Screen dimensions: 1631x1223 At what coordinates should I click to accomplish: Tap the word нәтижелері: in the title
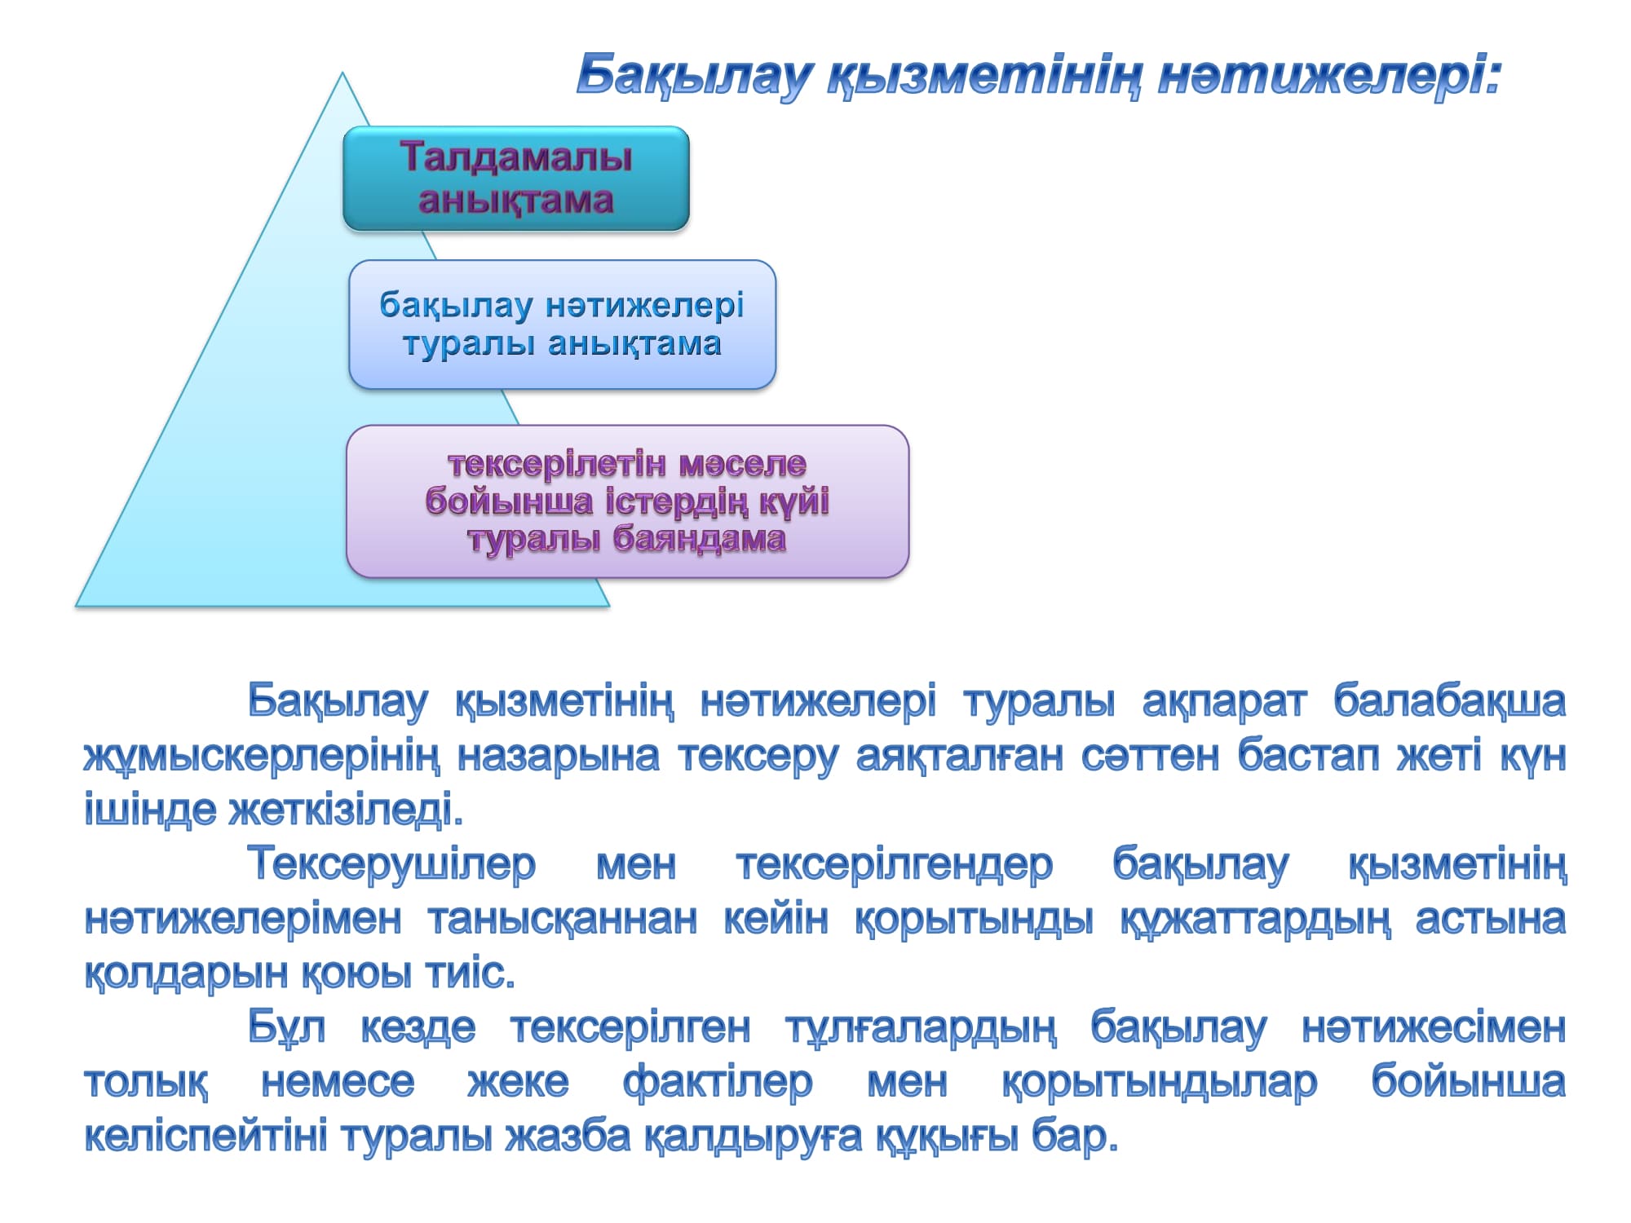[x=1329, y=76]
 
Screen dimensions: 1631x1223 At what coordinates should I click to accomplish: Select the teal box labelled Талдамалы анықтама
[x=516, y=179]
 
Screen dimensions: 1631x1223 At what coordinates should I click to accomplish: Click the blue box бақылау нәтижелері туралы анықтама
[x=563, y=325]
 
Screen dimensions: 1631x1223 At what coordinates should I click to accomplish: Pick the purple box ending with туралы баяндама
[x=628, y=501]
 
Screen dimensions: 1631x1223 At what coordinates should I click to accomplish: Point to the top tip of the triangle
[x=343, y=73]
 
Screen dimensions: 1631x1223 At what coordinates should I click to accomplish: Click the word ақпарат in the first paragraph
[x=1224, y=701]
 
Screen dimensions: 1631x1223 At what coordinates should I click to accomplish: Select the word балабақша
[x=1449, y=701]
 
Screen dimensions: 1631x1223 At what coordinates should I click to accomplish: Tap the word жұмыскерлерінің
[x=262, y=757]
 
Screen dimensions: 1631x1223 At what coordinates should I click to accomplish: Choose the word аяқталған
[x=959, y=757]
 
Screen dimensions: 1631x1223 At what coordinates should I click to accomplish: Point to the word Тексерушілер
[x=391, y=864]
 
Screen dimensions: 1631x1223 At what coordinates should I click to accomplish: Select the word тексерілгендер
[x=894, y=864]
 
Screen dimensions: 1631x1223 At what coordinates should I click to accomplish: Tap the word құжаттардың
[x=1254, y=920]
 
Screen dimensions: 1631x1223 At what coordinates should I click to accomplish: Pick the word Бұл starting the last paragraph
[x=287, y=1027]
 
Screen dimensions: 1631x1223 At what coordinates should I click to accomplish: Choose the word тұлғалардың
[x=920, y=1028]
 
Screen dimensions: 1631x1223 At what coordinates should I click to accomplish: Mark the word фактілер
[x=718, y=1083]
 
